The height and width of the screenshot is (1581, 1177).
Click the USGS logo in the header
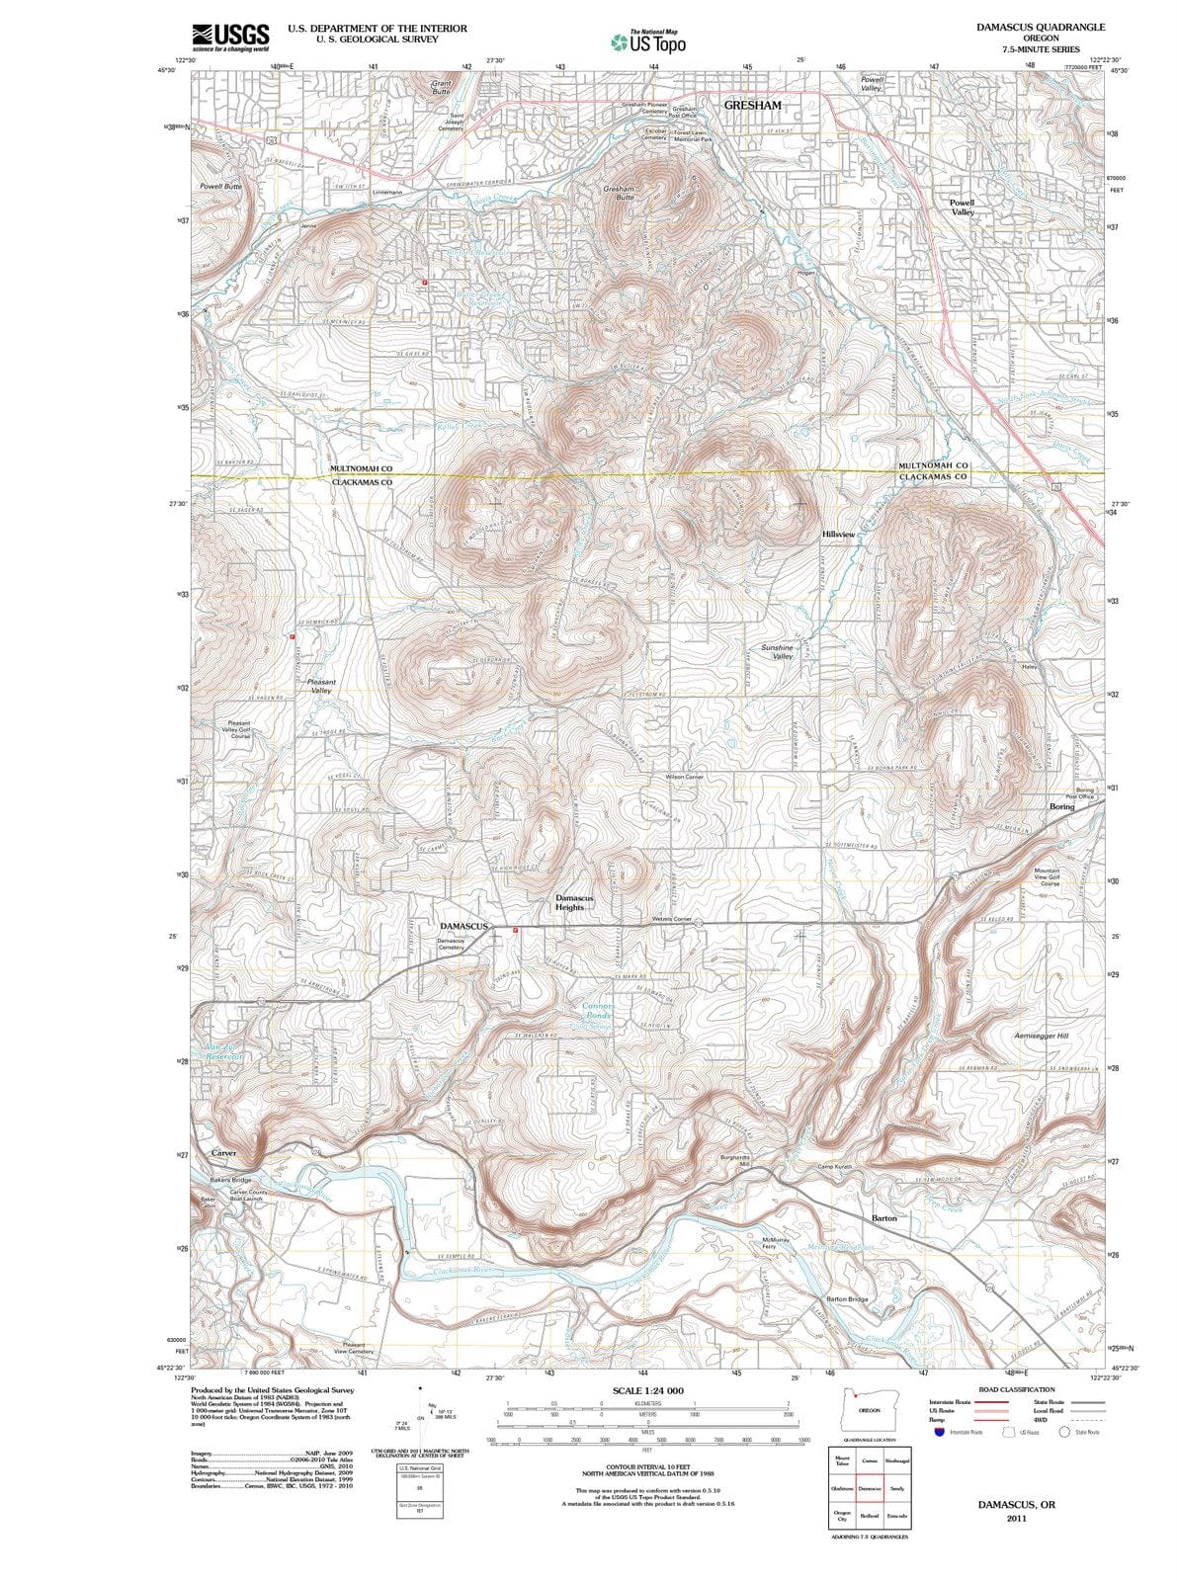pyautogui.click(x=230, y=37)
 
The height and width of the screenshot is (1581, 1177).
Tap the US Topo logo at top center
pyautogui.click(x=647, y=42)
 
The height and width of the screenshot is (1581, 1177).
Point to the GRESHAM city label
pyautogui.click(x=752, y=105)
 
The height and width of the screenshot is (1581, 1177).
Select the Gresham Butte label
pyautogui.click(x=619, y=192)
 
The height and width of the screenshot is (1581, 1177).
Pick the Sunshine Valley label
pyautogui.click(x=777, y=652)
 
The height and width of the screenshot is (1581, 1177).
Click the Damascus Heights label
pyautogui.click(x=573, y=902)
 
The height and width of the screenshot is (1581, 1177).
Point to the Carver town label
pyautogui.click(x=223, y=1153)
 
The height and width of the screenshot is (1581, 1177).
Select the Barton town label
pyautogui.click(x=884, y=1218)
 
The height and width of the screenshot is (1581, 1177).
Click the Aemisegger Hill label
pyautogui.click(x=1042, y=1036)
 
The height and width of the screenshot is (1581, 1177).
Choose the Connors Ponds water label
pyautogui.click(x=599, y=1011)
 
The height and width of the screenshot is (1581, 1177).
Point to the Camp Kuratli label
pyautogui.click(x=841, y=1167)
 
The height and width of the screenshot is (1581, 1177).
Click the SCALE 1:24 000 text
pyautogui.click(x=647, y=1390)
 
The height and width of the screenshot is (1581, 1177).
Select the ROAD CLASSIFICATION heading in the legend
pyautogui.click(x=1016, y=1389)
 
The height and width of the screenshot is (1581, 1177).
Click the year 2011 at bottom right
pyautogui.click(x=1017, y=1519)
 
